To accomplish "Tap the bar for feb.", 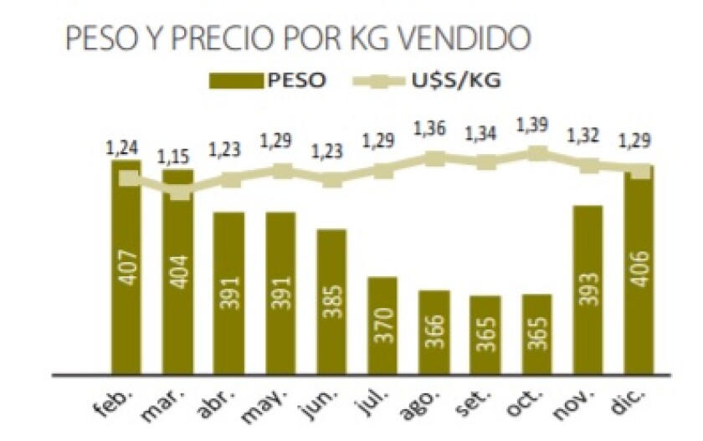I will (x=126, y=268).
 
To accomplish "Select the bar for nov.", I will (x=588, y=289).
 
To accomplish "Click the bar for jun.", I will (x=331, y=301).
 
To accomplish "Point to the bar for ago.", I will (x=434, y=331).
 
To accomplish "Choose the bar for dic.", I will (x=639, y=268).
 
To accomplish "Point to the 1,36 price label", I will (x=434, y=131).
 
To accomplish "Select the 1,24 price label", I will (x=123, y=148).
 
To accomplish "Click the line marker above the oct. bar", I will (x=537, y=154).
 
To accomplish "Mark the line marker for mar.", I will (x=179, y=191).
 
